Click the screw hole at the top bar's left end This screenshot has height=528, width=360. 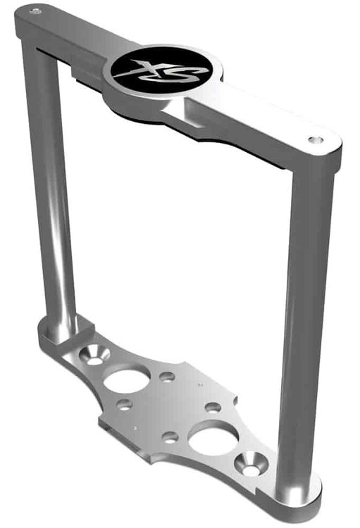point(35,12)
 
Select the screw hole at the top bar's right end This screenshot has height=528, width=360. point(315,139)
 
